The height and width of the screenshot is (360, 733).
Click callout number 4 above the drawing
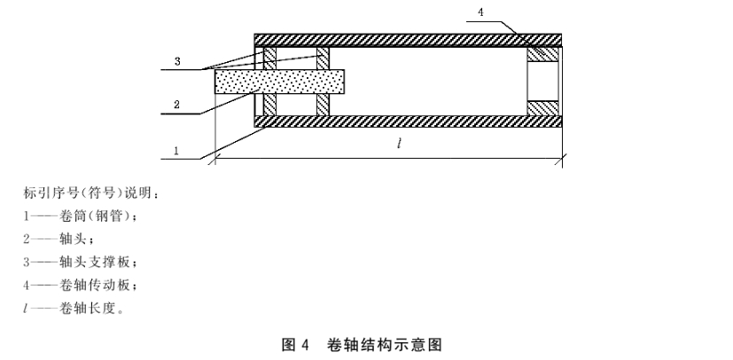[x=480, y=12]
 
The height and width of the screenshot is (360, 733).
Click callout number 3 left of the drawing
[x=177, y=61]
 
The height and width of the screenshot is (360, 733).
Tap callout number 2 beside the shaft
[x=176, y=105]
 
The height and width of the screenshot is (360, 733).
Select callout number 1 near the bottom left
[x=176, y=151]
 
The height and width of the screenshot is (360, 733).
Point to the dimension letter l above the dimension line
[x=399, y=144]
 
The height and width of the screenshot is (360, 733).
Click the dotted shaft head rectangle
[x=279, y=82]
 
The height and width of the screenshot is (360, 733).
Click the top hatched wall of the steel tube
[x=408, y=40]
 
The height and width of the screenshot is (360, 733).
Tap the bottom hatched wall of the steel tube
[x=408, y=121]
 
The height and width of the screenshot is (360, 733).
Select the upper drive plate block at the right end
[x=542, y=54]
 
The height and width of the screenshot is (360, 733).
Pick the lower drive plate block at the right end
[x=542, y=108]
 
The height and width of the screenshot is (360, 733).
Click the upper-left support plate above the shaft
[x=269, y=58]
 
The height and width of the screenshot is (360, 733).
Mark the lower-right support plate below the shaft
[x=323, y=105]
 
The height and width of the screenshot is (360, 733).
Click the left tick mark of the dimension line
[x=215, y=159]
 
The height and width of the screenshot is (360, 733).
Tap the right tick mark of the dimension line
[x=562, y=159]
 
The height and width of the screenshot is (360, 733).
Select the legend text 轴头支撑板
[x=95, y=262]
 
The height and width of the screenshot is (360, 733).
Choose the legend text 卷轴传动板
[x=95, y=285]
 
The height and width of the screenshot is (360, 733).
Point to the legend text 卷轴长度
[x=89, y=308]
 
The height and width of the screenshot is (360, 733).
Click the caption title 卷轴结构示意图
[x=385, y=345]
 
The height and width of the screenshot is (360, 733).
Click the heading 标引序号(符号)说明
[x=88, y=192]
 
